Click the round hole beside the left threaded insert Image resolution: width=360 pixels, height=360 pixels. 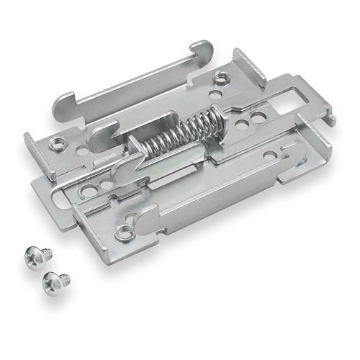point(81,151)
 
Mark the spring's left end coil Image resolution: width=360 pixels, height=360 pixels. point(147,146)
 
